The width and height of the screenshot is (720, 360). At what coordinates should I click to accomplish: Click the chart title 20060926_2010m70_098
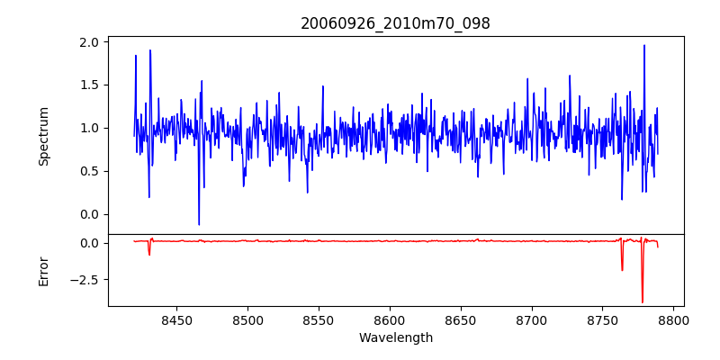[395, 24]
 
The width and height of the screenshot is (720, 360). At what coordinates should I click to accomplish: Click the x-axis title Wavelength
[395, 337]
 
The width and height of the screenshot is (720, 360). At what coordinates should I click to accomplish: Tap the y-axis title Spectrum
[44, 136]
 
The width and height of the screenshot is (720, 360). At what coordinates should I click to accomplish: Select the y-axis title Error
[44, 271]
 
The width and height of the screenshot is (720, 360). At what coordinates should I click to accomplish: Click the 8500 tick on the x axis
[247, 319]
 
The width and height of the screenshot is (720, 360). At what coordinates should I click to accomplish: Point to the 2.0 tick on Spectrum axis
[88, 42]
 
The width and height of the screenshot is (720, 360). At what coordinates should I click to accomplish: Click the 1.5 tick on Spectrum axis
[88, 85]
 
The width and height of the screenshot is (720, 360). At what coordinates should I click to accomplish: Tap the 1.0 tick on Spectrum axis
[88, 128]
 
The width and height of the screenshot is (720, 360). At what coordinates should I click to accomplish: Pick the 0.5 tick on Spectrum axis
[88, 171]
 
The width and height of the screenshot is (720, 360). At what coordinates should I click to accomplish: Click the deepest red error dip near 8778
[643, 301]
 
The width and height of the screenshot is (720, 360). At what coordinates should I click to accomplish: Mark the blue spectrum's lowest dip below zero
[199, 224]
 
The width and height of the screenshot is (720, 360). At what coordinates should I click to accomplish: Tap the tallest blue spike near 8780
[644, 46]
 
